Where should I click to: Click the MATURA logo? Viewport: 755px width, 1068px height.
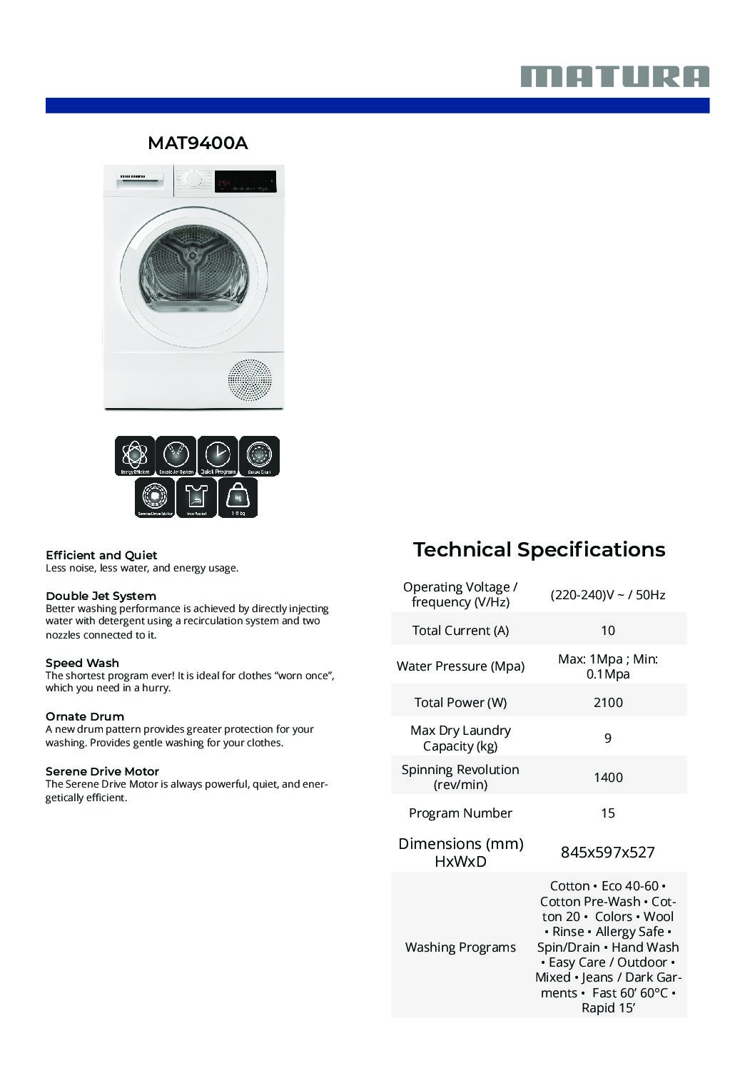coord(614,76)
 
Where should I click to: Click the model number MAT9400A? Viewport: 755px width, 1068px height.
coord(198,143)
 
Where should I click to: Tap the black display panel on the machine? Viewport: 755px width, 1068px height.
coord(245,183)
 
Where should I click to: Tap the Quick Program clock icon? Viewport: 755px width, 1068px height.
coord(218,456)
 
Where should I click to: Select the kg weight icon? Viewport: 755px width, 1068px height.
coord(238,497)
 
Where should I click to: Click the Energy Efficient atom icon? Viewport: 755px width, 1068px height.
coord(134,456)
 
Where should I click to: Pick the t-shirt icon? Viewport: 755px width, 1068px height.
coord(196,497)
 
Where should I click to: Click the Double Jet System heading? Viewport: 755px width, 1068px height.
coord(101,596)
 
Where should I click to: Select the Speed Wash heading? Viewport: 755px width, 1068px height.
coord(82,663)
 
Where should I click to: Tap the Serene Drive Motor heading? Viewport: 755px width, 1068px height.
coord(102,771)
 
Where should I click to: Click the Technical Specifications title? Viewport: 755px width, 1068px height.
coord(539,549)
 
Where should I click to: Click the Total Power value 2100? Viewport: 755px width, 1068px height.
coord(608,703)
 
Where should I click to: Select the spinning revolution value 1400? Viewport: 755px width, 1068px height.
coord(608,778)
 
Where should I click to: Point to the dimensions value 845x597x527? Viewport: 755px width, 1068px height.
coord(608,852)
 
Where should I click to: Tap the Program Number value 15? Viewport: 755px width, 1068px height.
coord(608,813)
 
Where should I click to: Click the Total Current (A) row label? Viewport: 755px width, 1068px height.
coord(460,631)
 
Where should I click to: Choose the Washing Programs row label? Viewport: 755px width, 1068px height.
coord(460,947)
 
